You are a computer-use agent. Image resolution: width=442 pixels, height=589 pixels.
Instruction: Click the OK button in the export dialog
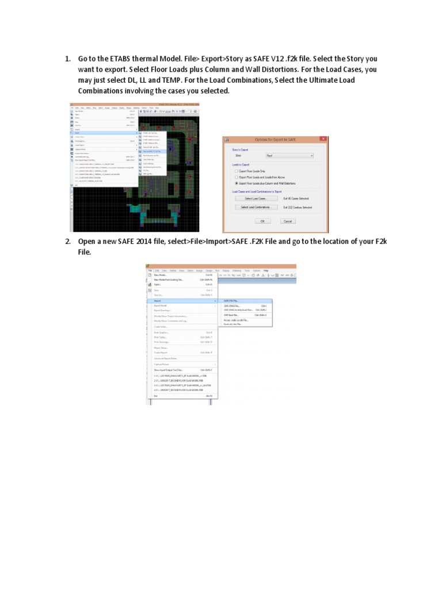[262, 221]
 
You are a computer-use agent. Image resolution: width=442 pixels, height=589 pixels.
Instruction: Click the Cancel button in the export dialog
[288, 221]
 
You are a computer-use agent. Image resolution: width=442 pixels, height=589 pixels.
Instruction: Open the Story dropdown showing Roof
[289, 155]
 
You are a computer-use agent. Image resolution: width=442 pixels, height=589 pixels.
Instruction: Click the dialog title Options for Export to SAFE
[275, 140]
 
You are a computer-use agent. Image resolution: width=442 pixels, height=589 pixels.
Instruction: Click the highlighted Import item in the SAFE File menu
[158, 300]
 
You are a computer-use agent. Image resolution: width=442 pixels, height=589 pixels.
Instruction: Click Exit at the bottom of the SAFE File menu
[156, 396]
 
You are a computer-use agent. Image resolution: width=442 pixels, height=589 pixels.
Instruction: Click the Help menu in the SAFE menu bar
[266, 270]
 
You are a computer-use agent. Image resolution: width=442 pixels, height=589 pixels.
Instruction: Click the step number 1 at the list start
[67, 59]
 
